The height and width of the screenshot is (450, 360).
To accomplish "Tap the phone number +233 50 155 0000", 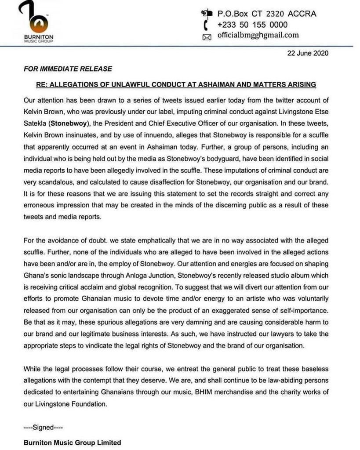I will click(252, 25).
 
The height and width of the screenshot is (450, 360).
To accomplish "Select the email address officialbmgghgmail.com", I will click(258, 36).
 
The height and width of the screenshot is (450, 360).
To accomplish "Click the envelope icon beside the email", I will click(207, 37).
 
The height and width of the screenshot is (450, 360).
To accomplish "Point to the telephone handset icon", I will click(206, 25).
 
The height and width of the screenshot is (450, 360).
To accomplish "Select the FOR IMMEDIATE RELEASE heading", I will click(68, 69).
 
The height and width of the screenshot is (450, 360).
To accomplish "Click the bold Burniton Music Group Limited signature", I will click(72, 443).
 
